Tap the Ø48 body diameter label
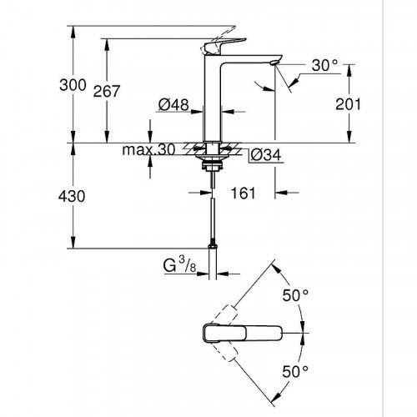[x=173, y=106]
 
